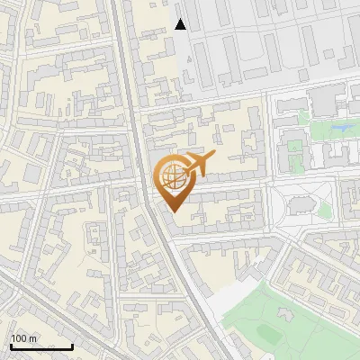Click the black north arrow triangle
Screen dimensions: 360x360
point(181,24)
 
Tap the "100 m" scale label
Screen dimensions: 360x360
point(23,338)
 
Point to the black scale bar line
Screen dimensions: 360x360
point(41,346)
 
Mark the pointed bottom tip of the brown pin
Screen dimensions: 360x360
point(173,212)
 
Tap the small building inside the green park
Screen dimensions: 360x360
point(285,314)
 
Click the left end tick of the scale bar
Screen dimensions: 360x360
point(11,346)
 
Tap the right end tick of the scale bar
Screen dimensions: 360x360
point(72,346)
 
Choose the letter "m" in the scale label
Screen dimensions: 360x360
point(32,338)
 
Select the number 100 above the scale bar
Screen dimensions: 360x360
point(18,338)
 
